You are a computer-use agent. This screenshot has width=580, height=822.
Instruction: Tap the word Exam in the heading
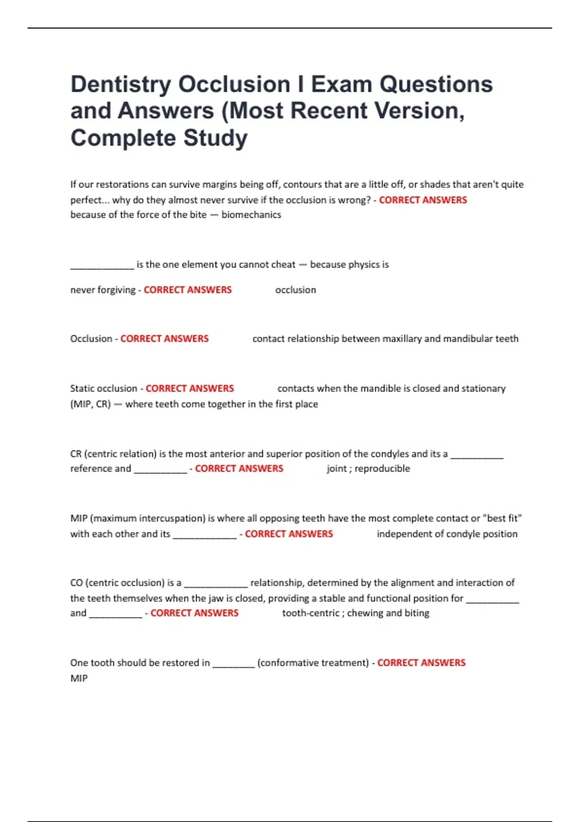tap(341, 85)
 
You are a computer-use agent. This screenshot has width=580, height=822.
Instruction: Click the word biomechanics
tap(251, 215)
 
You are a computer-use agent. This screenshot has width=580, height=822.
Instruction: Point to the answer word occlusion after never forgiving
tap(295, 290)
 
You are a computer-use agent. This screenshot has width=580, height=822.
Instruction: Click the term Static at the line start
tap(83, 388)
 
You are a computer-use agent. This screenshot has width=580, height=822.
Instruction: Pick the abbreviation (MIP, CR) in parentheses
tap(90, 404)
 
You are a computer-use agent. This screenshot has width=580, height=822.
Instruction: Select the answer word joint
tap(337, 468)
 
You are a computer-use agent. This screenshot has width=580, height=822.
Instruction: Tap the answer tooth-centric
tap(310, 613)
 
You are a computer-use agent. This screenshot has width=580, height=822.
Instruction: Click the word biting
tap(417, 613)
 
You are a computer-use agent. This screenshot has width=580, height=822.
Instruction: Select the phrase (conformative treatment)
tap(313, 662)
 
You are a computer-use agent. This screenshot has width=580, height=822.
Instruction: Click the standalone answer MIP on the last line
tap(79, 678)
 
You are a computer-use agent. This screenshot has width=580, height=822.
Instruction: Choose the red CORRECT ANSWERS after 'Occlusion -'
tap(164, 338)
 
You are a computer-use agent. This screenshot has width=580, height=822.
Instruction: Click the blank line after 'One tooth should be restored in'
tap(233, 664)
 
